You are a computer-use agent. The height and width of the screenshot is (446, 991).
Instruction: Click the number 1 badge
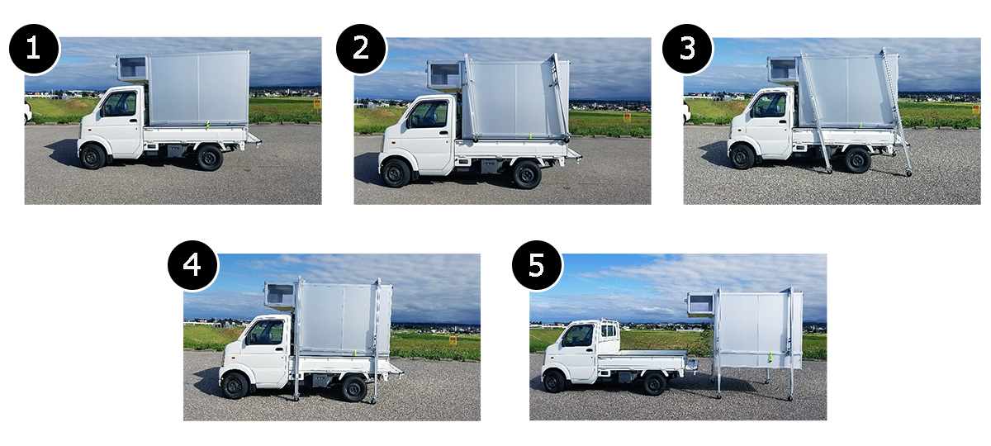click(34, 48)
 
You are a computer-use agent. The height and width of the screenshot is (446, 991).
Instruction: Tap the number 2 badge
click(361, 48)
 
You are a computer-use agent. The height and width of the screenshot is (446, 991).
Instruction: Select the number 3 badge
click(687, 48)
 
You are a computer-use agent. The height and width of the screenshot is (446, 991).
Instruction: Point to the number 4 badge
click(192, 265)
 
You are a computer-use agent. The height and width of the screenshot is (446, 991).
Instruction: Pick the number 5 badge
click(537, 265)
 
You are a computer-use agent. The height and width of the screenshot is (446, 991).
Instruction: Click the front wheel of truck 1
click(92, 156)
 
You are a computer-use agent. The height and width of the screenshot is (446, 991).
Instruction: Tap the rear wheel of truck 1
click(209, 158)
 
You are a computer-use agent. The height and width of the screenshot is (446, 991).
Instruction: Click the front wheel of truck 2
click(396, 173)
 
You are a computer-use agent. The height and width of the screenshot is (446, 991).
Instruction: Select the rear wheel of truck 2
click(527, 175)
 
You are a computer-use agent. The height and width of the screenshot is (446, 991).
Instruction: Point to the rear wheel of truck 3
click(857, 159)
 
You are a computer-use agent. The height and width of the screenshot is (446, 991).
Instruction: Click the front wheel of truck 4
click(235, 386)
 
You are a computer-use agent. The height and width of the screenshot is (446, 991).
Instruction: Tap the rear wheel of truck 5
click(654, 383)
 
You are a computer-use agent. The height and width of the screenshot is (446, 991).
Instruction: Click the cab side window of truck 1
click(119, 104)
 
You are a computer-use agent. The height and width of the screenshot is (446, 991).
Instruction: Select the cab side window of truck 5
click(578, 335)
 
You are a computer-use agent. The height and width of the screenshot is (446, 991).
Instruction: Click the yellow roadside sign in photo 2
click(627, 118)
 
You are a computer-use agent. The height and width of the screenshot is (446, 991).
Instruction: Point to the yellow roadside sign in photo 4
click(453, 340)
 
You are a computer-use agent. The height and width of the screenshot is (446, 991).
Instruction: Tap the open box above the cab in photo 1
click(132, 68)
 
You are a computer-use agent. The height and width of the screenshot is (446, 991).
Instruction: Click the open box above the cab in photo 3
click(783, 69)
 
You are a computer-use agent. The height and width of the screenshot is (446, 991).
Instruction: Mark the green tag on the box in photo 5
click(771, 357)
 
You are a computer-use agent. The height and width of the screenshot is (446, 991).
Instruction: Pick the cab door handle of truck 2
click(443, 132)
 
